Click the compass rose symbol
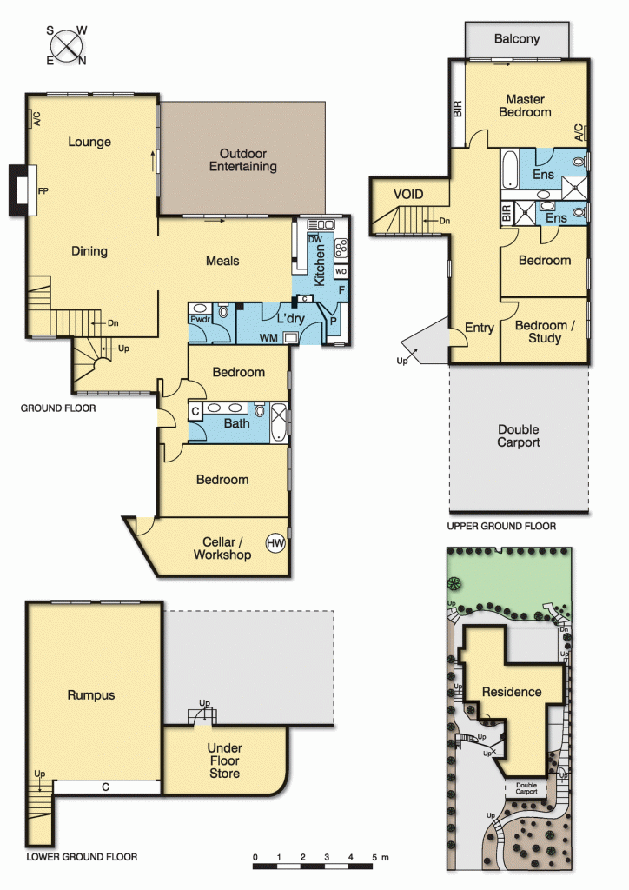pos(67,45)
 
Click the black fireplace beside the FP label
pos(17,189)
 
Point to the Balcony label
pos(517,38)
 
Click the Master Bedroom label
pos(525,105)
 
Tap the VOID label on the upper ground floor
pos(407,194)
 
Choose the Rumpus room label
pos(91,695)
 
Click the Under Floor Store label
pos(224,760)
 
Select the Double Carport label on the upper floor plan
pos(519,435)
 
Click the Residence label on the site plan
pos(512,692)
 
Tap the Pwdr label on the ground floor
pos(199,320)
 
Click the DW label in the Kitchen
pos(316,239)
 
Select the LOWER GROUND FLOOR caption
pos(82,856)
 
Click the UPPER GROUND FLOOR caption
pos(501,526)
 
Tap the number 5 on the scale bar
pos(374,858)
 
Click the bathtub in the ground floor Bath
pos(279,424)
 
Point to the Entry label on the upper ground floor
pos(479,328)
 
